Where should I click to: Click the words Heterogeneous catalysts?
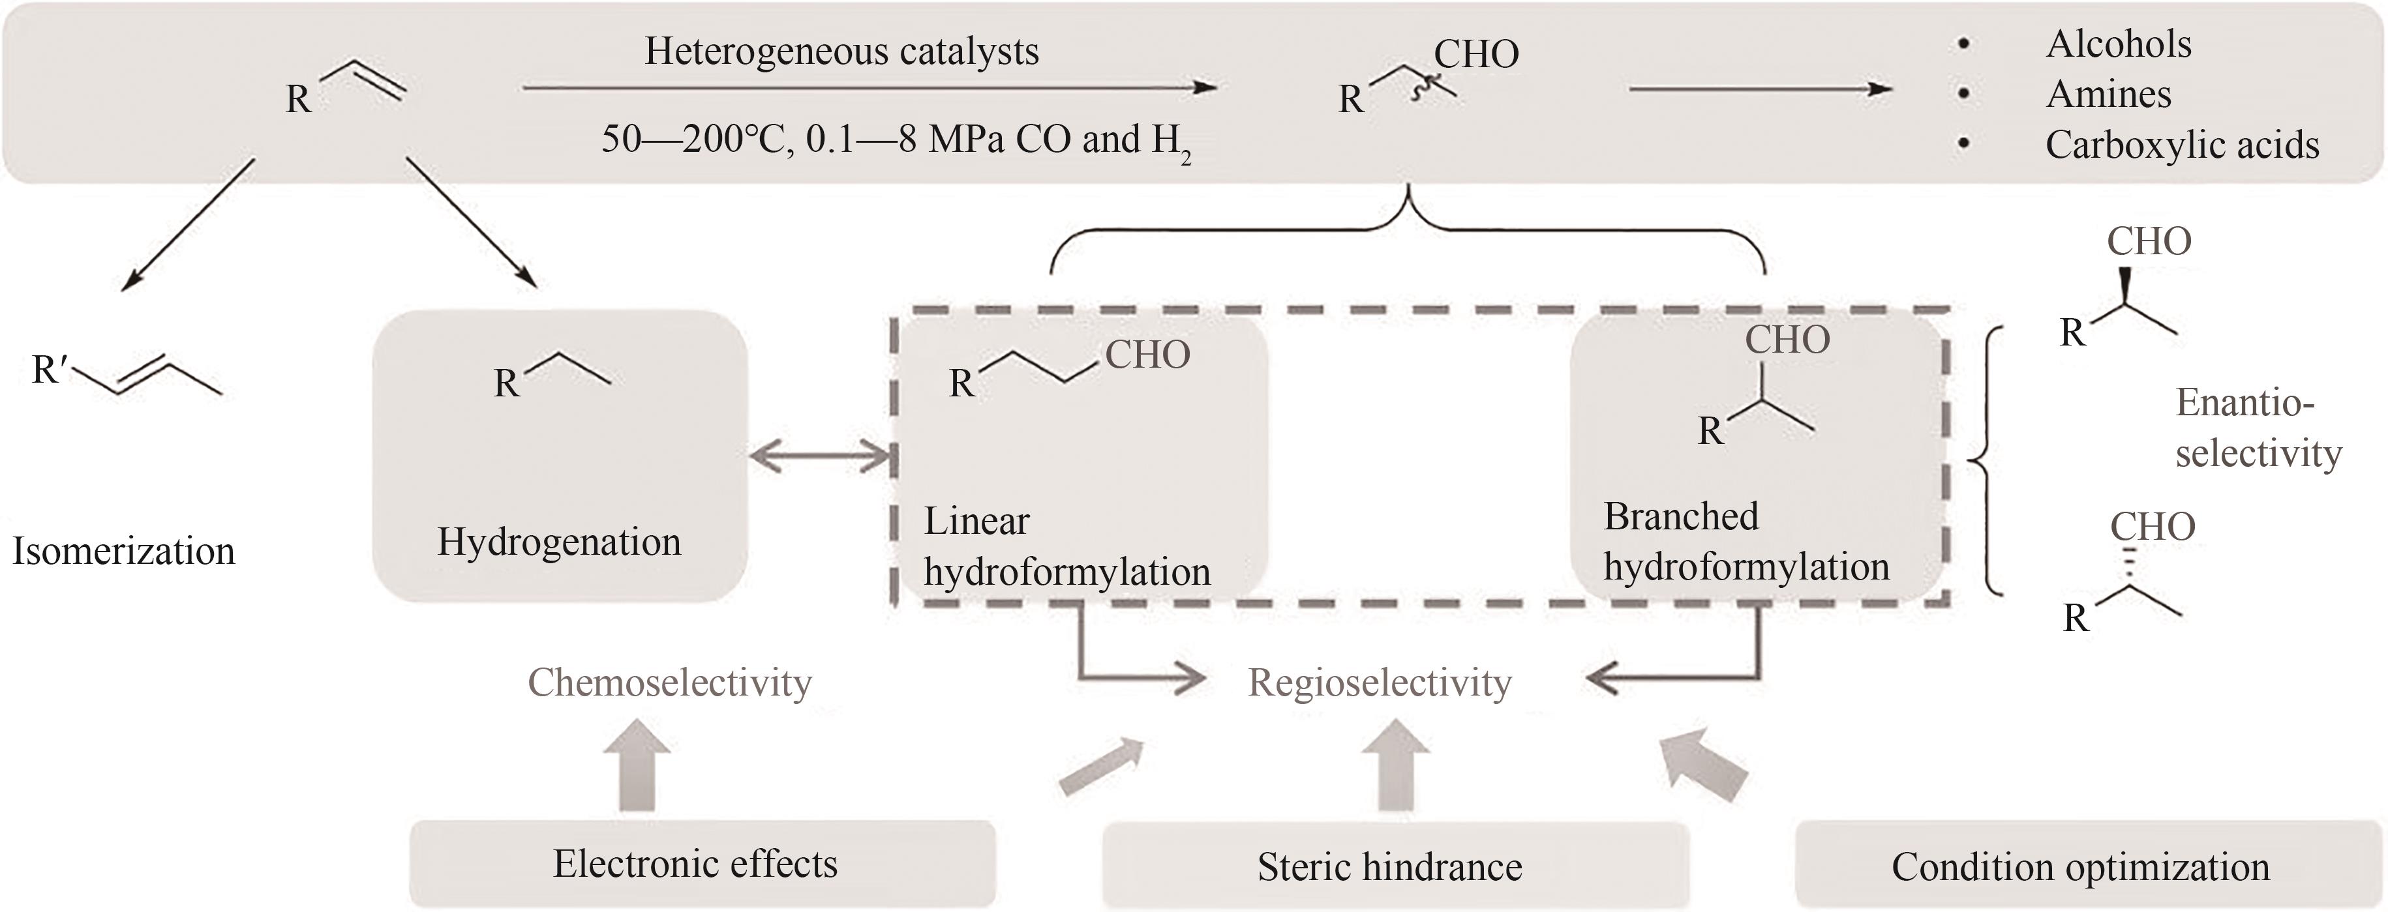tap(841, 51)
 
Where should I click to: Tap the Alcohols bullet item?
tap(2118, 44)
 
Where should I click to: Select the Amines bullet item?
tap(2108, 94)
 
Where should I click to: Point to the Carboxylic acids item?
tap(2181, 145)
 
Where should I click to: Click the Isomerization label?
tap(123, 551)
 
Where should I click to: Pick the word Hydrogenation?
tap(559, 541)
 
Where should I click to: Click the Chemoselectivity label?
tap(669, 682)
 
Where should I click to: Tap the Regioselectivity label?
tap(1380, 682)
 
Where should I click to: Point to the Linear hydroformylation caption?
tap(1066, 547)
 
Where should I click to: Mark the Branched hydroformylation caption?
tap(1746, 541)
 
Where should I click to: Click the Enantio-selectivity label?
tap(2258, 428)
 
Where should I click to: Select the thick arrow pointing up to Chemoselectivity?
tap(637, 765)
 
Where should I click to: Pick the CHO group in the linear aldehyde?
tap(1147, 354)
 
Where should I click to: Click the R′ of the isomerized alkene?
tap(49, 369)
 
